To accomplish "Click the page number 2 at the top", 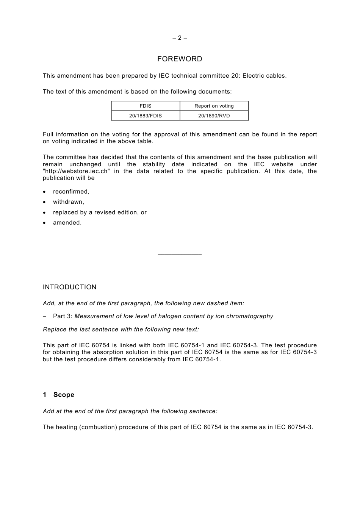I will point(180,38).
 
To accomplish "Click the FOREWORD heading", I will point(180,59).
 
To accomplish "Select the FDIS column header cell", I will point(146,106).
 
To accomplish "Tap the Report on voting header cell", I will point(214,106).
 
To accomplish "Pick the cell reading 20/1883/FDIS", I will point(146,116).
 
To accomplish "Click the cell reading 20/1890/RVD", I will point(214,116).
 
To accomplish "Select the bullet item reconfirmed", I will point(71,192).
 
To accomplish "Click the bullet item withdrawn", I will point(69,202).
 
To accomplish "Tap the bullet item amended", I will point(67,223).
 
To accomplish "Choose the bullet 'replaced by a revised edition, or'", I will point(100,212).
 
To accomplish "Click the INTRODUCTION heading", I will point(70,287).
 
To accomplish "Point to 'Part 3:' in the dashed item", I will point(63,316).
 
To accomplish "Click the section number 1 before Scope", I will point(45,395).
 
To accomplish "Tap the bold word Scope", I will point(64,395).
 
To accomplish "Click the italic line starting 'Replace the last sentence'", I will point(121,329).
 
